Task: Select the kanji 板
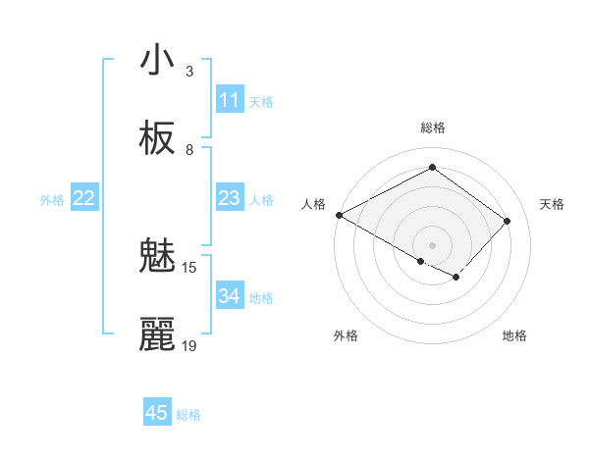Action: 157,138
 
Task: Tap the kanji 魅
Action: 157,257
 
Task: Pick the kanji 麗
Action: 157,334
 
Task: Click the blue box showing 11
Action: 229,100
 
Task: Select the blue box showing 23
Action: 229,198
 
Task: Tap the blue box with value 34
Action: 229,296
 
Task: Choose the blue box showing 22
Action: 84,198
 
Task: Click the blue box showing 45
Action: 157,413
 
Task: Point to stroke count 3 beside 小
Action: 189,71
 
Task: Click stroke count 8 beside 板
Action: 189,149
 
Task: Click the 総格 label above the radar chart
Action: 432,128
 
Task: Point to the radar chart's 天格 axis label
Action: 552,204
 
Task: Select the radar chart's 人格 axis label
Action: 313,204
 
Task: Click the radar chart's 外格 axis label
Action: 346,335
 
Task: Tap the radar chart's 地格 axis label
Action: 514,335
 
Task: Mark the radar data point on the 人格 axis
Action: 339,214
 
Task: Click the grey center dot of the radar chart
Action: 432,244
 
